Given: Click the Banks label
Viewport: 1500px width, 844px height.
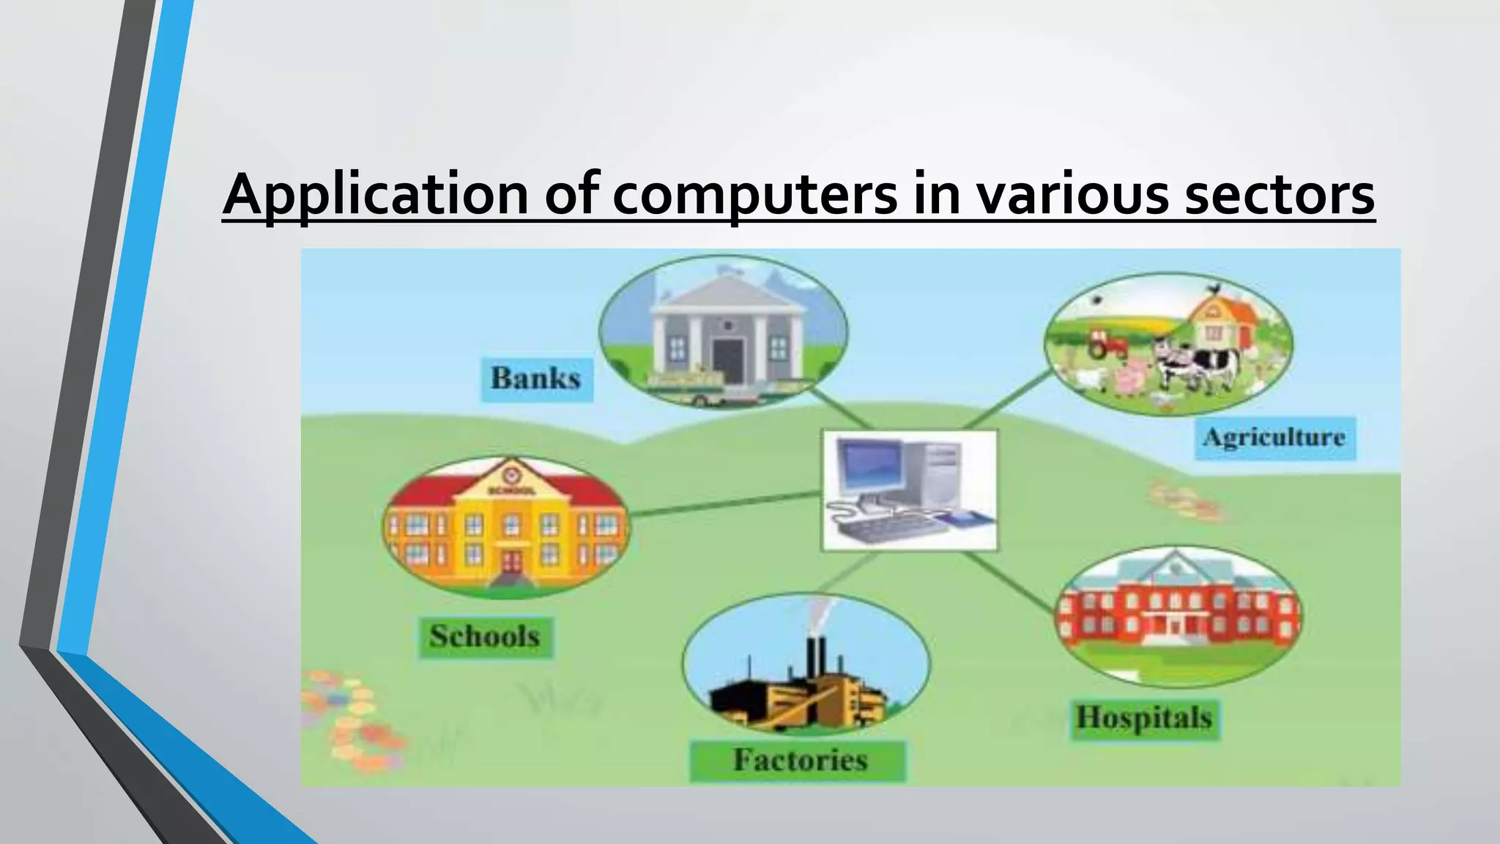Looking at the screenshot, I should [x=536, y=379].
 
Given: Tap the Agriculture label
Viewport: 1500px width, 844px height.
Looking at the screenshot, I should [x=1274, y=437].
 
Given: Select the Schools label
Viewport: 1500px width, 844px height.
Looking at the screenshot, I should [x=485, y=636].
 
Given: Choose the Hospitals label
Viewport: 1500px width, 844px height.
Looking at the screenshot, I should [x=1144, y=718].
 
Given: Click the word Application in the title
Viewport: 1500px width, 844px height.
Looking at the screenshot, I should [x=375, y=195].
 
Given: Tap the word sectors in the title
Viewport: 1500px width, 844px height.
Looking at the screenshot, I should [x=1279, y=195].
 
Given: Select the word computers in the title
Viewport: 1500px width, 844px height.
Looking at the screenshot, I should [x=754, y=195].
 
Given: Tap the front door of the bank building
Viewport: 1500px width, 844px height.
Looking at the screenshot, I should [x=727, y=360].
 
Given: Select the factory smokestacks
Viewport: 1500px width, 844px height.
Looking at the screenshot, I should [x=816, y=656].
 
